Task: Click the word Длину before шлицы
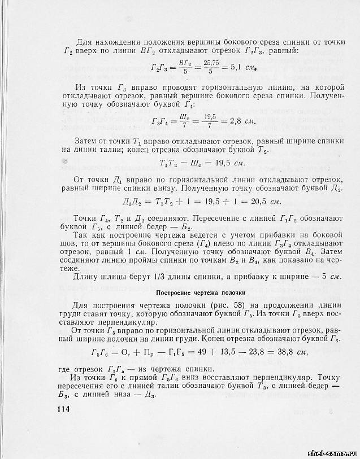coord(87,277)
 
